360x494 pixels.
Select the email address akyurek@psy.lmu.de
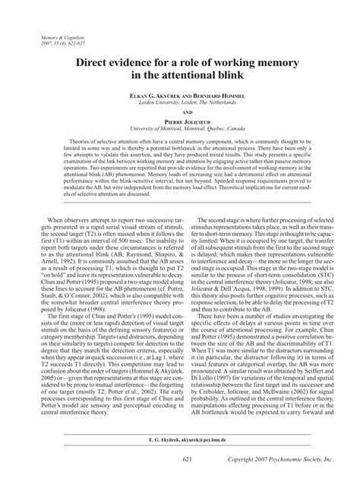pyautogui.click(x=201, y=461)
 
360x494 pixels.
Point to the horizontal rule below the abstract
pyautogui.click(x=180, y=203)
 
